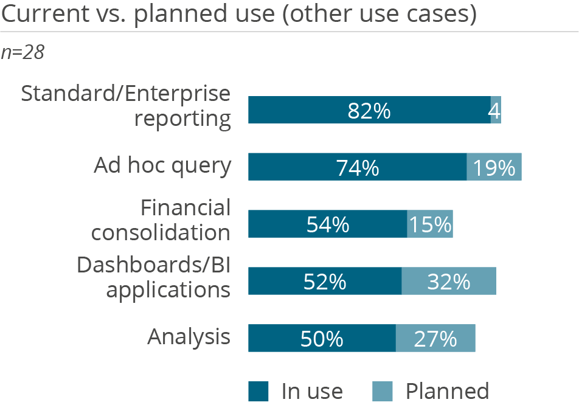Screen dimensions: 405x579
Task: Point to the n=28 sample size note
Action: pyautogui.click(x=23, y=53)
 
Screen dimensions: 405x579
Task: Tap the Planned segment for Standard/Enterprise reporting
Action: pyautogui.click(x=496, y=110)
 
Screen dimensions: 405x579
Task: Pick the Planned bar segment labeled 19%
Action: pyautogui.click(x=494, y=167)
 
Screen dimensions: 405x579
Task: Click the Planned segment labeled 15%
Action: pyautogui.click(x=430, y=224)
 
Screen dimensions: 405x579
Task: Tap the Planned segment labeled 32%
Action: pyautogui.click(x=449, y=281)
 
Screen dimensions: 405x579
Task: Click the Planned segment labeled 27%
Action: pyautogui.click(x=435, y=337)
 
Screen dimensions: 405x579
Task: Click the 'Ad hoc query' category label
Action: pyautogui.click(x=162, y=166)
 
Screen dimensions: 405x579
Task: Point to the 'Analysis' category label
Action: pyautogui.click(x=189, y=337)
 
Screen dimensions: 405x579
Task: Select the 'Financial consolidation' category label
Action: pyautogui.click(x=161, y=220)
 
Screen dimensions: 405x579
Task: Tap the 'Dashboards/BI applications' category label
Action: pyautogui.click(x=153, y=277)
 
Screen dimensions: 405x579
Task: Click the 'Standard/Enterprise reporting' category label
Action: pyautogui.click(x=126, y=106)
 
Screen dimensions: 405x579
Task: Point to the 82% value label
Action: pyautogui.click(x=369, y=111)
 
